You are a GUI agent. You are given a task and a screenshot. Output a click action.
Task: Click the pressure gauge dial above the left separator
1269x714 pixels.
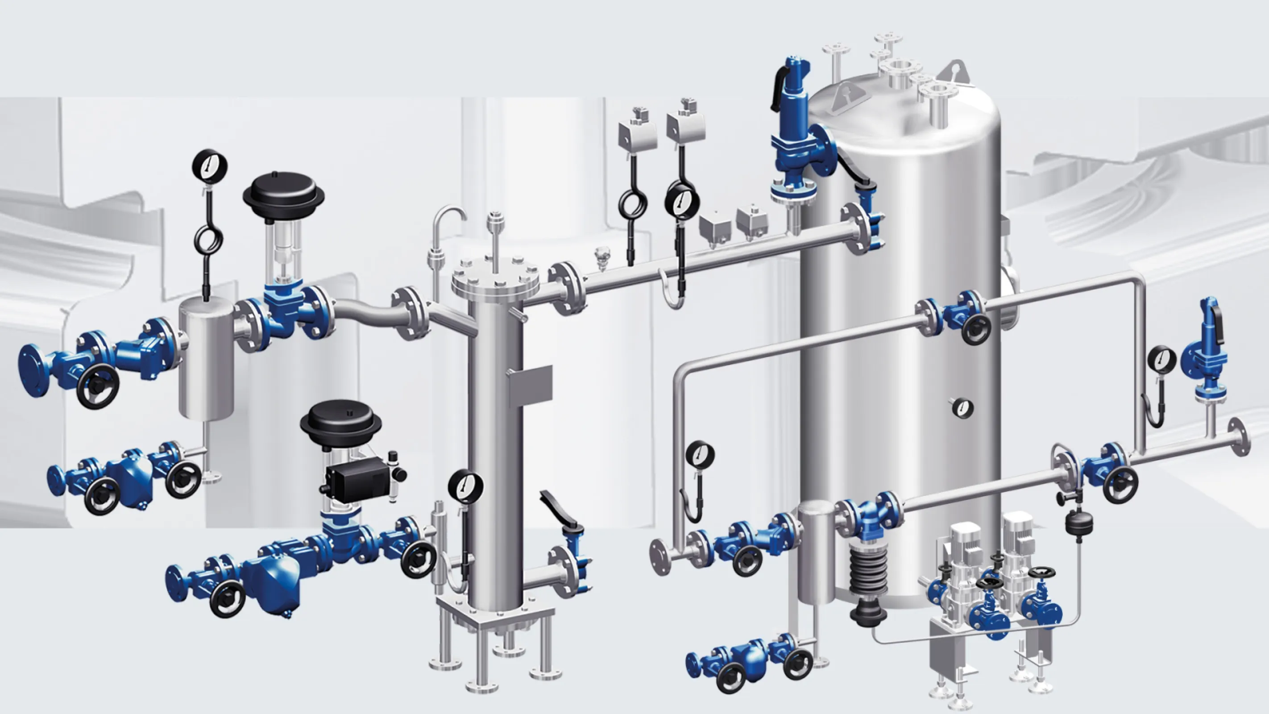(x=209, y=166)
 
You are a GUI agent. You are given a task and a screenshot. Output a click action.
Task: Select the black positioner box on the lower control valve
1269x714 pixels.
(x=354, y=477)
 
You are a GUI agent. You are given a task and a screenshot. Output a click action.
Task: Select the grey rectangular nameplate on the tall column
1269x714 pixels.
(x=530, y=383)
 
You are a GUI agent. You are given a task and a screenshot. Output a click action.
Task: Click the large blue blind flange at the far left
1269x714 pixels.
(x=32, y=370)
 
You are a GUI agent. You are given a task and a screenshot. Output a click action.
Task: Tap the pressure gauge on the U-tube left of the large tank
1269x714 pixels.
(x=700, y=455)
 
